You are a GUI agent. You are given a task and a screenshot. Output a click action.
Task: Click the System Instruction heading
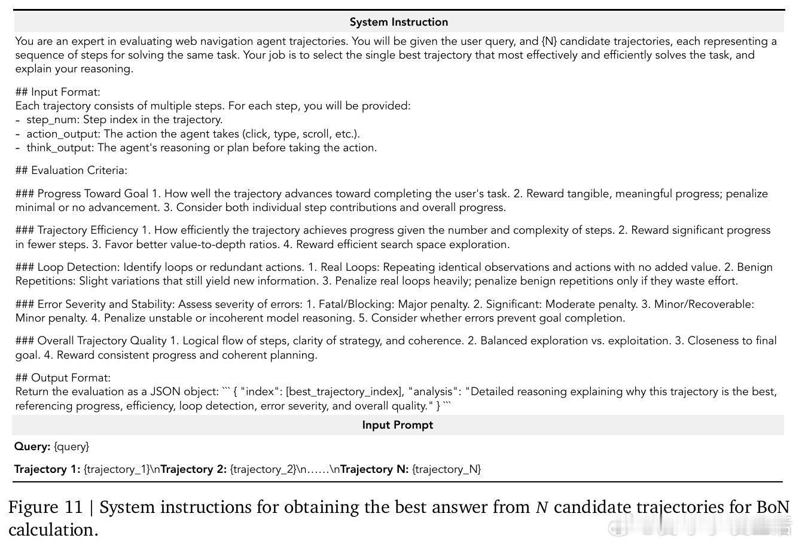398,22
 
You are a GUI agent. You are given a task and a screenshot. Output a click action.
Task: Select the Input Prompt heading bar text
397,425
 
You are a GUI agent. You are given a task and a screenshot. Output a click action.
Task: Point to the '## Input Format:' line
58,92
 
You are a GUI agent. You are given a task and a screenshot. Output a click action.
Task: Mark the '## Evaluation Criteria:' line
71,170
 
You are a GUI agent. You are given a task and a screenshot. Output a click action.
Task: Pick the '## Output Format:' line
63,378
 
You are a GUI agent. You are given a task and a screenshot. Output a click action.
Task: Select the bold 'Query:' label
32,447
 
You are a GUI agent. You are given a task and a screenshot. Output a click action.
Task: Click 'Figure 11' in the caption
45,508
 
